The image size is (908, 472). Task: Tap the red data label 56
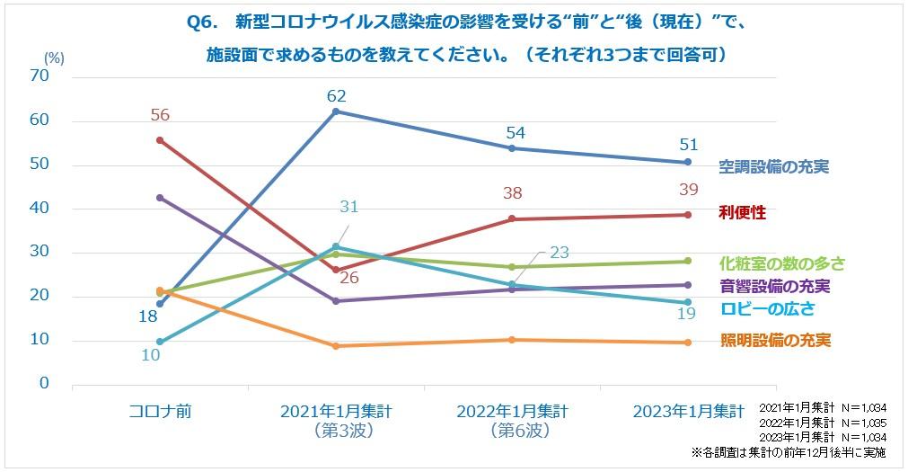point(160,115)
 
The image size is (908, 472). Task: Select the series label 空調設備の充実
point(773,166)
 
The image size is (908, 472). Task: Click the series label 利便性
point(742,212)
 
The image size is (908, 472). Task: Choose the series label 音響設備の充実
point(773,287)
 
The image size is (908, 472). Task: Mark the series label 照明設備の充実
point(773,340)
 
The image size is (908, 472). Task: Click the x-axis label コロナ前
point(160,411)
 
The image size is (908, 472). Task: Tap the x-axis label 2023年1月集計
point(689,411)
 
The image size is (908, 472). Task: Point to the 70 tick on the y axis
point(39,77)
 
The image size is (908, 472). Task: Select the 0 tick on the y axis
point(43,384)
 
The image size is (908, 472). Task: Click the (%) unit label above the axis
point(54,56)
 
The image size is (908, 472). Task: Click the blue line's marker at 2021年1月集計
point(336,111)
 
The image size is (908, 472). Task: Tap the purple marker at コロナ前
point(160,197)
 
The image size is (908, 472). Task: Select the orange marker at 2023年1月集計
point(688,343)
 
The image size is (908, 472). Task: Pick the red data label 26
point(348,278)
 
